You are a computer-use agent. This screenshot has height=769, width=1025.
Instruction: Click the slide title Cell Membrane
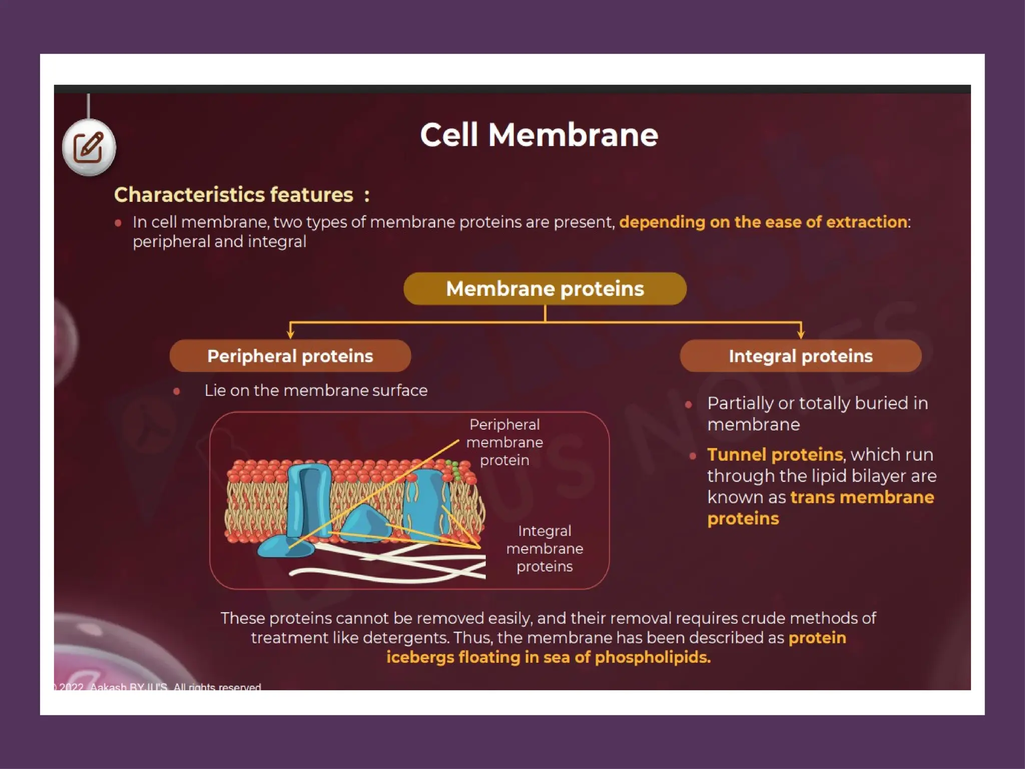click(539, 135)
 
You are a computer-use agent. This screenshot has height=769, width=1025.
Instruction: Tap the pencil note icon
click(89, 148)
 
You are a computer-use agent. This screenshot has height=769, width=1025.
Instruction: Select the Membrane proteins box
click(545, 289)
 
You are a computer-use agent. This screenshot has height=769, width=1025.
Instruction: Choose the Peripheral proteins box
click(290, 356)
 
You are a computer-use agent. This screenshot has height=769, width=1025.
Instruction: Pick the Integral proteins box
click(800, 356)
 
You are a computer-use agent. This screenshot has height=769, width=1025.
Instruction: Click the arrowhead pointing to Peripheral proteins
click(290, 333)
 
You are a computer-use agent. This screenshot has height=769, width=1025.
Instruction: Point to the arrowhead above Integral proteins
click(801, 333)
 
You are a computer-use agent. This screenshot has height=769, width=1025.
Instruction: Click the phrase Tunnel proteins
click(775, 455)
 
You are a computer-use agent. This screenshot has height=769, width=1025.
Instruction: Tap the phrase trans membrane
click(862, 497)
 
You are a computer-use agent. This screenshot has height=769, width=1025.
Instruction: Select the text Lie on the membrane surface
click(316, 391)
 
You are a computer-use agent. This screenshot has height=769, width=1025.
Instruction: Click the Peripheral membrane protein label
click(504, 442)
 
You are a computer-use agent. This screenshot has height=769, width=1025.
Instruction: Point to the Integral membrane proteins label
click(545, 548)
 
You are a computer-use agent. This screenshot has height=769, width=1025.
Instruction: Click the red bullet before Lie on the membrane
click(177, 392)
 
